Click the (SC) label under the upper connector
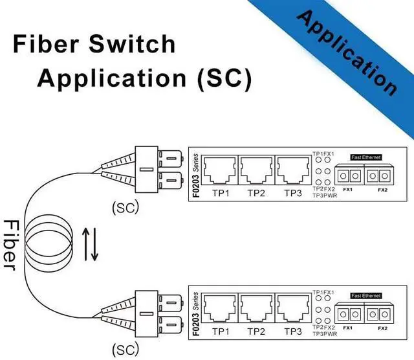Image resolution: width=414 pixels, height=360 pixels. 125,208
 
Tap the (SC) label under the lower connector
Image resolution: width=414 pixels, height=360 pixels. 125,350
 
